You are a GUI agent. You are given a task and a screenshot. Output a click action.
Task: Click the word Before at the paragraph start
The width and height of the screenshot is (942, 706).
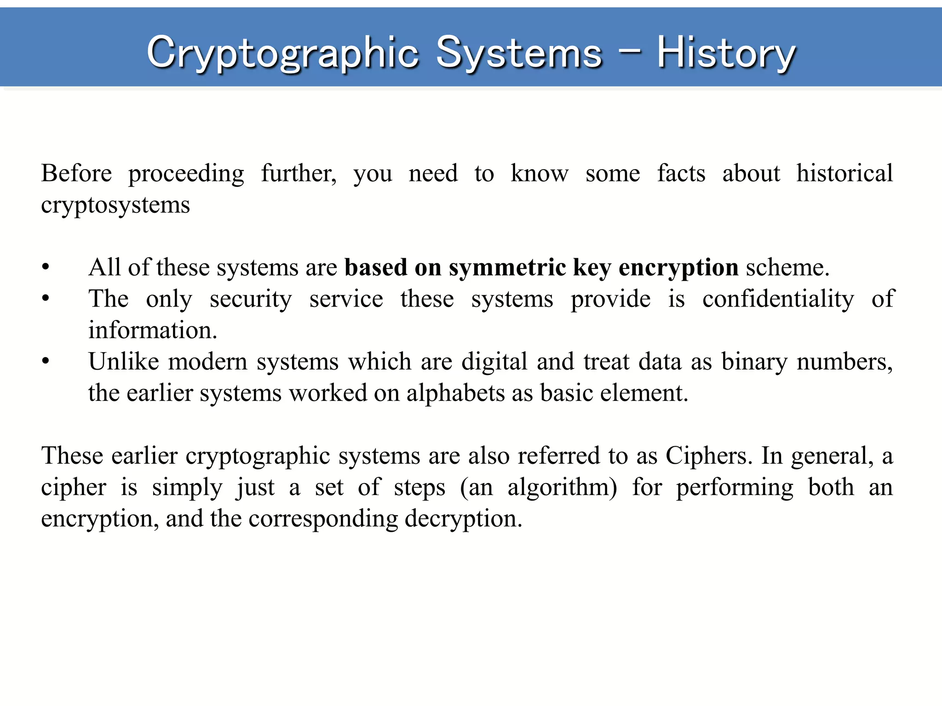76,174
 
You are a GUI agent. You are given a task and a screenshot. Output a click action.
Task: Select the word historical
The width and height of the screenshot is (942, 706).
844,174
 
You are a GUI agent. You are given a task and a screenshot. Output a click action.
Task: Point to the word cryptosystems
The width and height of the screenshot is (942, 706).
115,205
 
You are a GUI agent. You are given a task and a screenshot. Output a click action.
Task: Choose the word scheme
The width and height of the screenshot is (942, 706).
787,268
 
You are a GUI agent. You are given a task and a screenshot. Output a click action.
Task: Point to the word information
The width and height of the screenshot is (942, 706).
152,330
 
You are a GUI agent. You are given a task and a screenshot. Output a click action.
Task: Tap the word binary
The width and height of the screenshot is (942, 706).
754,362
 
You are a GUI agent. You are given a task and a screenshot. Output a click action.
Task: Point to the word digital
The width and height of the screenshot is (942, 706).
494,362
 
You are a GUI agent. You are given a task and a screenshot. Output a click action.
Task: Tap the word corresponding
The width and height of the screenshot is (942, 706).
323,519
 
